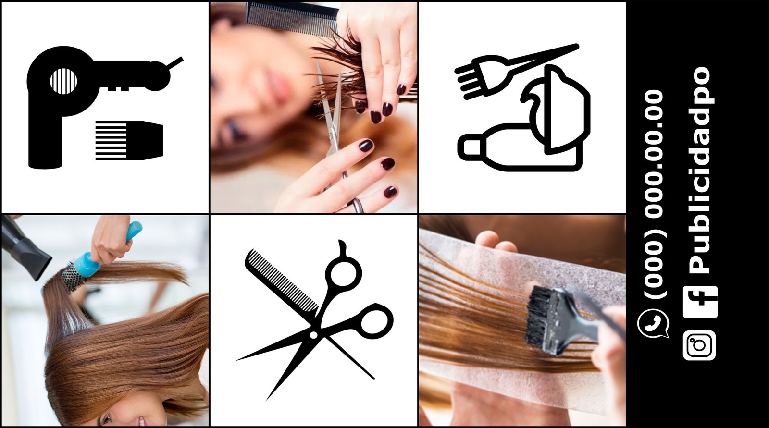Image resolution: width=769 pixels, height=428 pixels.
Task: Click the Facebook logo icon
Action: coord(700,302)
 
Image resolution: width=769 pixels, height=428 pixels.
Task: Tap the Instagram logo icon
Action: coord(699,345)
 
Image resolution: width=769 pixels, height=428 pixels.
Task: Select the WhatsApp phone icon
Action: coord(653,324)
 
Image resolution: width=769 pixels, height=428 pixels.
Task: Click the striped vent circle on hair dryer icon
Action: coord(63,81)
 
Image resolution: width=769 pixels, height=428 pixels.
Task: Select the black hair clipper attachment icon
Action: coord(129,140)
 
